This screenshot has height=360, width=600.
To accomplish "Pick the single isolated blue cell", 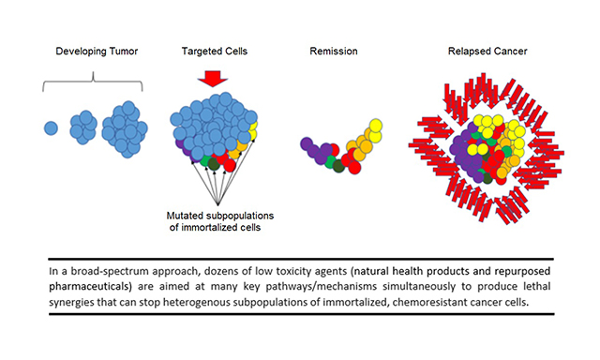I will click(51, 127).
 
